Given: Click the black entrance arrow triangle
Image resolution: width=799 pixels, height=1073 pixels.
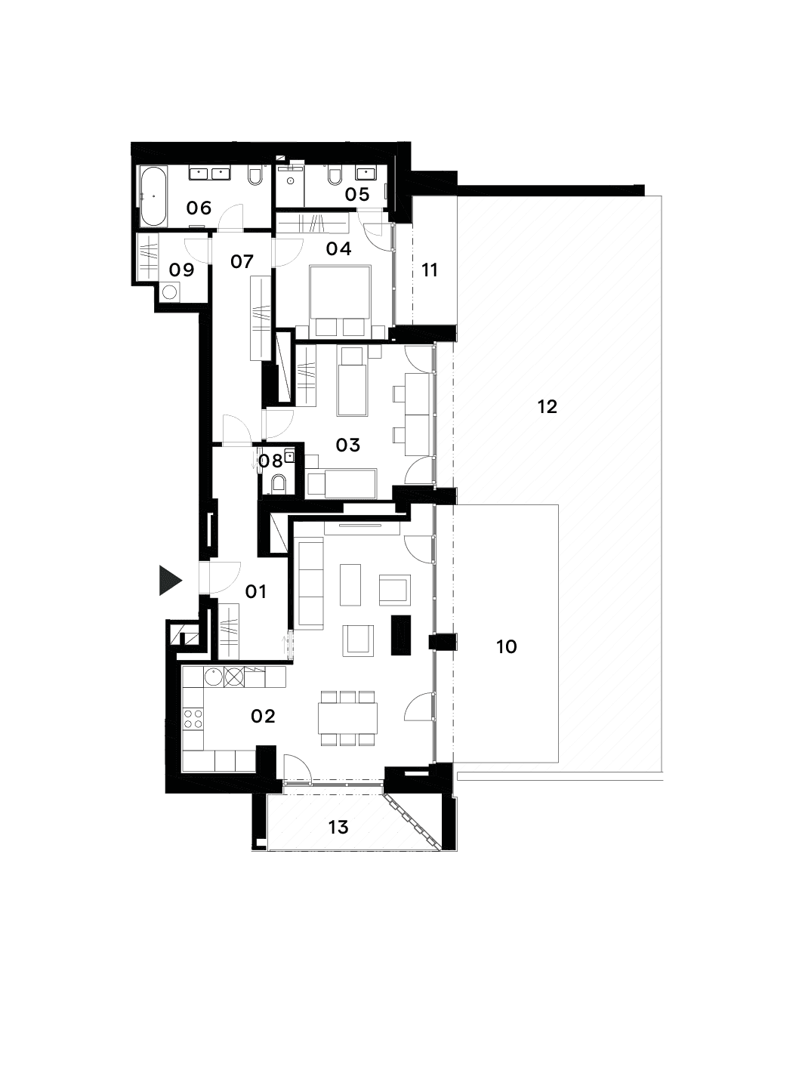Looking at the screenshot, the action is click(169, 580).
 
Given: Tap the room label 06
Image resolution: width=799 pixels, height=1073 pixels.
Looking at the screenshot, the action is click(199, 208).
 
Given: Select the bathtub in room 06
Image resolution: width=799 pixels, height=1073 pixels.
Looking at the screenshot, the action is click(153, 196).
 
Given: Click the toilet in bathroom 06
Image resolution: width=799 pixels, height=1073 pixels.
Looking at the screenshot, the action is click(255, 176).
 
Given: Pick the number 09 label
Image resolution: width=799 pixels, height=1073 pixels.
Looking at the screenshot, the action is click(181, 270).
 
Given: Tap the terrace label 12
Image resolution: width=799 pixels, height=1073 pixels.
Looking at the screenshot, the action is click(548, 407).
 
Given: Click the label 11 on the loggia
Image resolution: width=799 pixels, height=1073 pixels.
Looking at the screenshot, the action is click(430, 270).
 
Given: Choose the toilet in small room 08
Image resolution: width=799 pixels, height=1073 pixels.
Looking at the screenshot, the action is click(279, 483).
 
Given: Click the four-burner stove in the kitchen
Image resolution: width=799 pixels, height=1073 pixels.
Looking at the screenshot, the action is click(193, 718).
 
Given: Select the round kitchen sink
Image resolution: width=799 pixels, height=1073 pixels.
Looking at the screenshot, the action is click(213, 677).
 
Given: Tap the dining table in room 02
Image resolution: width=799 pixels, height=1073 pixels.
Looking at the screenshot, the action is click(347, 718).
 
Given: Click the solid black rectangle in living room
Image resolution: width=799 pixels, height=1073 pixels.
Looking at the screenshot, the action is click(401, 635).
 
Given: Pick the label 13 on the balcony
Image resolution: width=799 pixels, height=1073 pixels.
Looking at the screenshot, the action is click(338, 828).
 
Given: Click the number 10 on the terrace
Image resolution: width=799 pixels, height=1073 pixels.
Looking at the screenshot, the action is click(506, 647).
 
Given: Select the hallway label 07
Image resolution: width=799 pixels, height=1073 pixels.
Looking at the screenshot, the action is click(242, 262).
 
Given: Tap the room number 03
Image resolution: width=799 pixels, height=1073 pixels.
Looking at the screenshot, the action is click(347, 445).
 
